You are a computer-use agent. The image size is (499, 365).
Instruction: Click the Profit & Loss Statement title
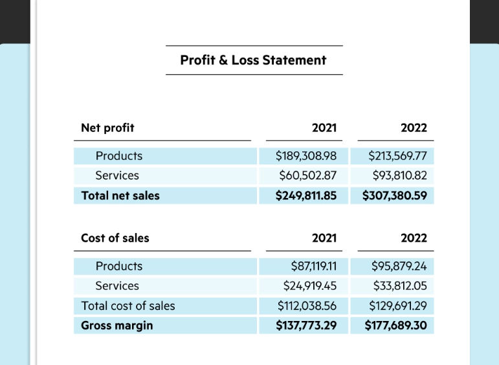point(253,60)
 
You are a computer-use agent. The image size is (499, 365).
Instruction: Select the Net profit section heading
point(107,127)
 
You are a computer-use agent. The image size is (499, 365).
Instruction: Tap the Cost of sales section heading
point(115,238)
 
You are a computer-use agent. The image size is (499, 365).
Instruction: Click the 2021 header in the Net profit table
point(324,127)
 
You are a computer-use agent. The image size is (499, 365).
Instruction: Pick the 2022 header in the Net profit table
point(414,127)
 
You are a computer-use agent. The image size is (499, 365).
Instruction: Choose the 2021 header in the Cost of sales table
point(324,238)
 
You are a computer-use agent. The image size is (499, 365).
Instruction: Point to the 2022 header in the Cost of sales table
point(414,238)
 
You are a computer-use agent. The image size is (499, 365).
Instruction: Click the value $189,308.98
point(306,156)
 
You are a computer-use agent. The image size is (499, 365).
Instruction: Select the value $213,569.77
point(397,156)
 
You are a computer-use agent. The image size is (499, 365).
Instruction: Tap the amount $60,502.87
point(308,175)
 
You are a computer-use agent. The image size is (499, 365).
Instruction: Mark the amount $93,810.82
point(399,175)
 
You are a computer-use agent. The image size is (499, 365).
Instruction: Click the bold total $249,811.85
point(306,195)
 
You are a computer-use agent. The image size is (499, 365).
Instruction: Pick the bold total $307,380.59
point(395,195)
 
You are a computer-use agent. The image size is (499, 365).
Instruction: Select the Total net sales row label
point(120,195)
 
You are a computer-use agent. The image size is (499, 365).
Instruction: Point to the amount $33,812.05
point(400,285)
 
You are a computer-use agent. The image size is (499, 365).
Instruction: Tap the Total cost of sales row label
point(128,305)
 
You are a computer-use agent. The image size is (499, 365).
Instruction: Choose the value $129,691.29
point(398,305)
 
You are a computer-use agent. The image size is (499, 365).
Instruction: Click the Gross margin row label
point(117,325)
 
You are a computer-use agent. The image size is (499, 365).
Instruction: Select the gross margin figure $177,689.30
point(396,325)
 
